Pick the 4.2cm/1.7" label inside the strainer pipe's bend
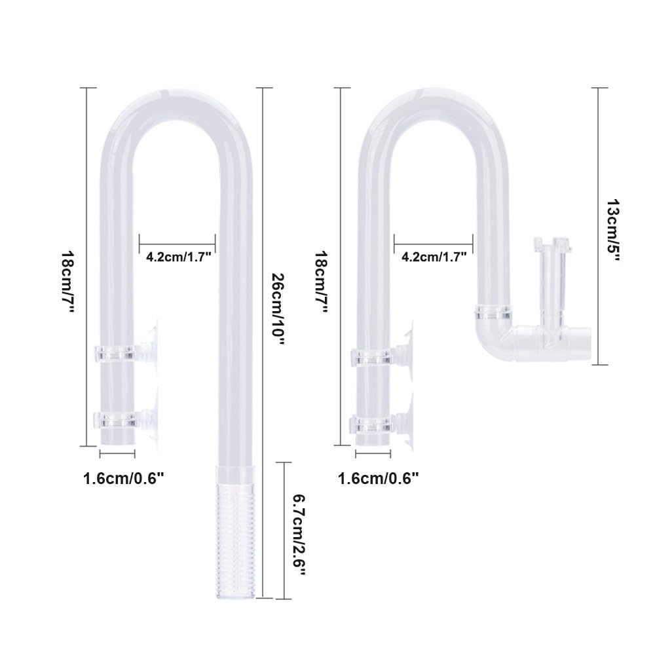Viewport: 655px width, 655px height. coord(178,257)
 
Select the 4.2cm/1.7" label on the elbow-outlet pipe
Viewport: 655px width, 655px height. coord(433,257)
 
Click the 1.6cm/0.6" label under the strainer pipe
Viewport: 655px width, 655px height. coord(123,479)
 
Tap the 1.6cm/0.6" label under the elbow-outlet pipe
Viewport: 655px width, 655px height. coord(378,479)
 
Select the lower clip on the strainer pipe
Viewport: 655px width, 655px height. coord(117,420)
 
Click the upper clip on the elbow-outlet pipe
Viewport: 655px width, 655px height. coord(372,358)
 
